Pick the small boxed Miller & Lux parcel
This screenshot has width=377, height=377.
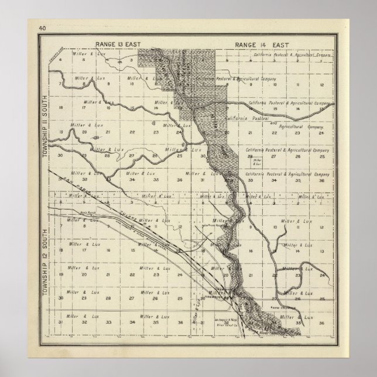252,162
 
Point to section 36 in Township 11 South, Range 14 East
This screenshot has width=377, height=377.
321,181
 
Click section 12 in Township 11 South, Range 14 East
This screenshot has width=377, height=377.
321,85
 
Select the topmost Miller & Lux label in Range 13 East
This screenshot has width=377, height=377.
84,53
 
